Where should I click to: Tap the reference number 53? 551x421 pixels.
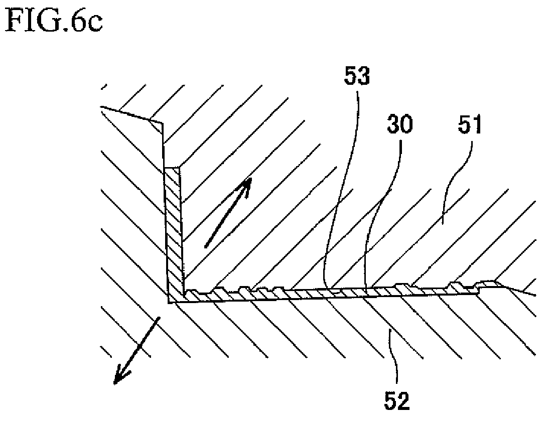[357, 76]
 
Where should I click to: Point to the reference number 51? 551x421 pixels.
[469, 125]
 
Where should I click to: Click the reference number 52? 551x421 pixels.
[397, 401]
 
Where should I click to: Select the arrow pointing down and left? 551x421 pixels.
[136, 350]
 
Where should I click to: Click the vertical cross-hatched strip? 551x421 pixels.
[174, 232]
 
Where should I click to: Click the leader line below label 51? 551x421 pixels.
[457, 183]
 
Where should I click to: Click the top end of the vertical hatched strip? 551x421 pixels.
[172, 167]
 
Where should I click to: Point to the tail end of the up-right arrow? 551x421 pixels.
[206, 247]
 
